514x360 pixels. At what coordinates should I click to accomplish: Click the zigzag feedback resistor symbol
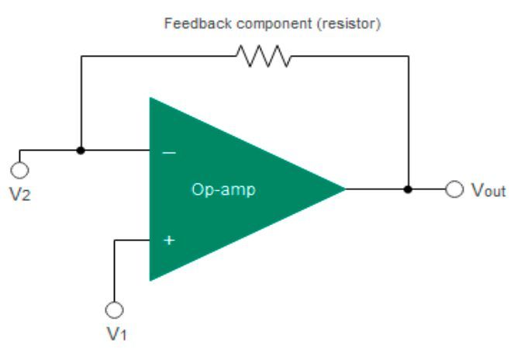point(264,56)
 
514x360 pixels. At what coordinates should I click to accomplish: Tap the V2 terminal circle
point(19,169)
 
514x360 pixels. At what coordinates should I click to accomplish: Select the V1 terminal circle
point(115,310)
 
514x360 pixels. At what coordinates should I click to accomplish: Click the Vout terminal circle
point(454,189)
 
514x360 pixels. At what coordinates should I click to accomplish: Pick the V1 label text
point(116,335)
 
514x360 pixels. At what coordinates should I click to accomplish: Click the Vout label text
point(489,190)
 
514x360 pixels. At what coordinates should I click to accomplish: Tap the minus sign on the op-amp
point(169,152)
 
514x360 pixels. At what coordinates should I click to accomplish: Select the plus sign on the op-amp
point(169,241)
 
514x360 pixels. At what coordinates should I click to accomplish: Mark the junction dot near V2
point(81,150)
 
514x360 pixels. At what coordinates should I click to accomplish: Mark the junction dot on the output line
point(409,189)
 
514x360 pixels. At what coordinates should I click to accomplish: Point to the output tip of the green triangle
point(343,188)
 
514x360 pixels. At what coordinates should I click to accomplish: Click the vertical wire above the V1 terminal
point(115,272)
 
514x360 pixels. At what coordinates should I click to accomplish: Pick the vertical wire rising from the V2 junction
point(81,101)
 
